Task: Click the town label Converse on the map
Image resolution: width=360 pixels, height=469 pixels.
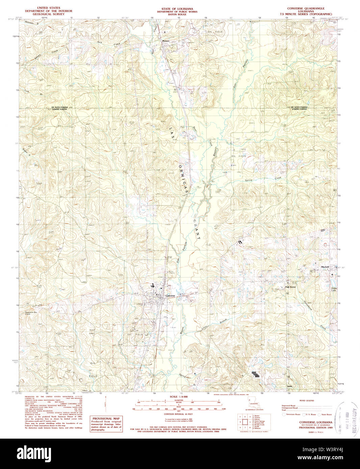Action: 170,296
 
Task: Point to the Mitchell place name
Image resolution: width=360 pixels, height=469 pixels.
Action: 325,267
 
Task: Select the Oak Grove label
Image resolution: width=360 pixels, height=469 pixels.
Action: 290,287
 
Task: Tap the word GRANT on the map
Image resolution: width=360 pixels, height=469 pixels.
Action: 197,229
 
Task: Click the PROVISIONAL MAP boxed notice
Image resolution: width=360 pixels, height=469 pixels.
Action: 106,424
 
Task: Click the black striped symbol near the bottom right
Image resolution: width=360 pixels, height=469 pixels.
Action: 256,374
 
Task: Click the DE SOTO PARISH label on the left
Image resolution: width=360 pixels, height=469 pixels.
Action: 59,107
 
